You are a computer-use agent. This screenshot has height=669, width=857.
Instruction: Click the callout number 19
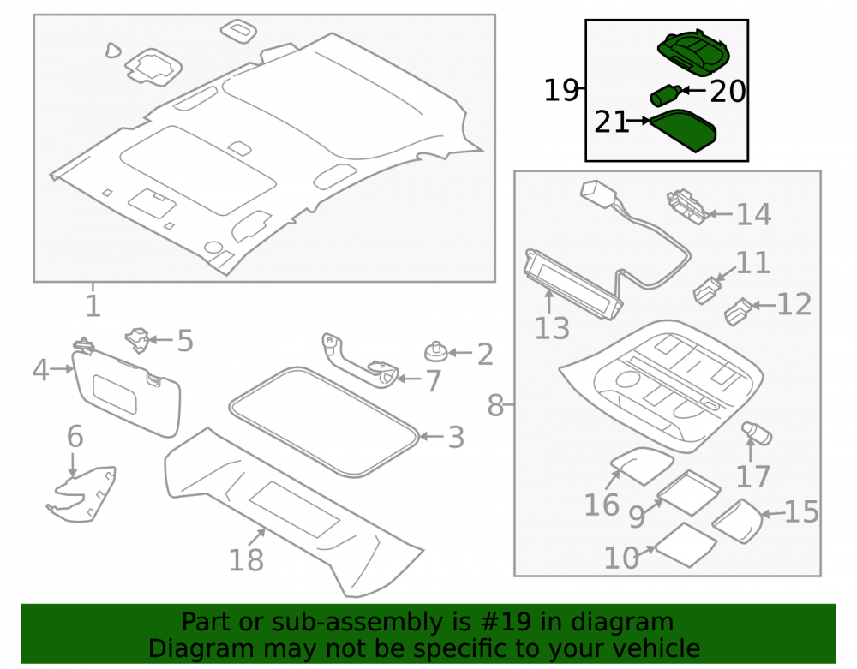click(561, 90)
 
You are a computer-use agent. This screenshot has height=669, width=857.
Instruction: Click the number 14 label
click(753, 214)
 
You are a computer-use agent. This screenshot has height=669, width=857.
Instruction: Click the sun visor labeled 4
click(126, 392)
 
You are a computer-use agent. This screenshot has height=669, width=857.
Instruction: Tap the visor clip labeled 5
click(137, 340)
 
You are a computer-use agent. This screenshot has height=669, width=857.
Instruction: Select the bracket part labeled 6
click(82, 494)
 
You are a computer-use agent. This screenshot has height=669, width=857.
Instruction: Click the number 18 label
click(245, 560)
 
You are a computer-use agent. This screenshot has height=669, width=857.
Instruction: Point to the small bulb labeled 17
click(757, 433)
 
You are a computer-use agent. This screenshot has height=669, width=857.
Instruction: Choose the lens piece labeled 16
click(641, 466)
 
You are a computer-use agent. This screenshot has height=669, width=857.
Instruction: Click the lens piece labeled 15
click(737, 521)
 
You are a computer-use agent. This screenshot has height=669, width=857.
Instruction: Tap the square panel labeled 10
click(686, 545)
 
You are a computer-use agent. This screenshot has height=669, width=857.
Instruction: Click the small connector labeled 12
click(739, 311)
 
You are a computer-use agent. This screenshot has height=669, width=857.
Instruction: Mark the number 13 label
click(552, 329)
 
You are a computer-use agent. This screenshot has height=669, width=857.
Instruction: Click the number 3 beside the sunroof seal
click(457, 438)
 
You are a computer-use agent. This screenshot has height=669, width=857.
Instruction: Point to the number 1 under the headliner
click(93, 306)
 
